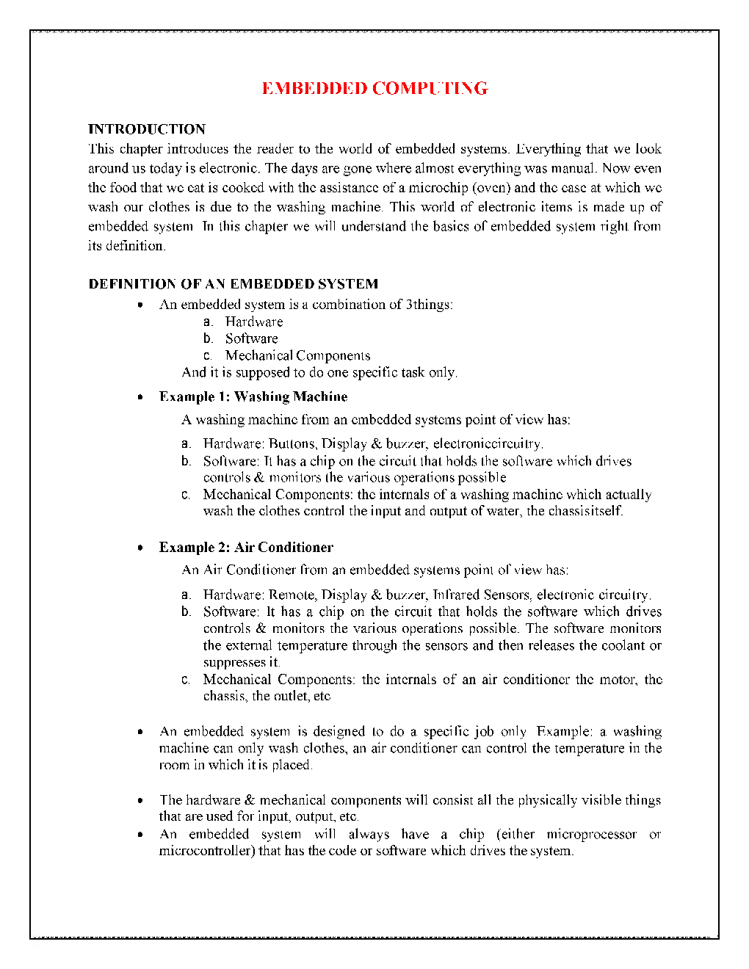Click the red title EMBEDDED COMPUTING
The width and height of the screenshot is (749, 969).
[374, 89]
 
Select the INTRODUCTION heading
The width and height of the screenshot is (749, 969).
[147, 129]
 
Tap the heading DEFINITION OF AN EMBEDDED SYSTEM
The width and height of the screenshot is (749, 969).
[234, 284]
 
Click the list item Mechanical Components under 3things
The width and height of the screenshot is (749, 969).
[297, 355]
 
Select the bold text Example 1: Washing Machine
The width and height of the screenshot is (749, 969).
[253, 396]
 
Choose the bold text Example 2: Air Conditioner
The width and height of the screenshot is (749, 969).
[246, 547]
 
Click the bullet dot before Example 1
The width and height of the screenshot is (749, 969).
[140, 397]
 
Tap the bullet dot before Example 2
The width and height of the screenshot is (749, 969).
[140, 548]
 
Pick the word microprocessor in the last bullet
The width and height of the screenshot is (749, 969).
[591, 834]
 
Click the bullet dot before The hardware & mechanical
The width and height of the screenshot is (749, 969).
[140, 800]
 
